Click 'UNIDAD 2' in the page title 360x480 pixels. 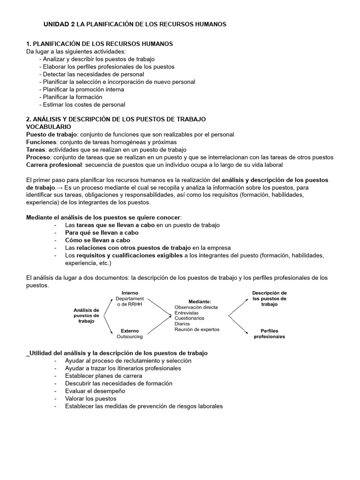point(59,24)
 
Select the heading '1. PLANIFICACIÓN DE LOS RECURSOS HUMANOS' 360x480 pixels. point(99,44)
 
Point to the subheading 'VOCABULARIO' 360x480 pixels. point(49,127)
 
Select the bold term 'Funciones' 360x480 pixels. point(42,142)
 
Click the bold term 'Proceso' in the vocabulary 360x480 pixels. point(38,157)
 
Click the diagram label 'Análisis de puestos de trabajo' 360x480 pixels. point(86,315)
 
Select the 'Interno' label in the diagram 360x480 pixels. point(129,292)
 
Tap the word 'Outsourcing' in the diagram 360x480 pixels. point(129,336)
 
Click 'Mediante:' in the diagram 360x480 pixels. point(200,301)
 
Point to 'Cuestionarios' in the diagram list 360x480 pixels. point(189,318)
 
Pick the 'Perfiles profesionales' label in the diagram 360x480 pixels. point(269,333)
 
